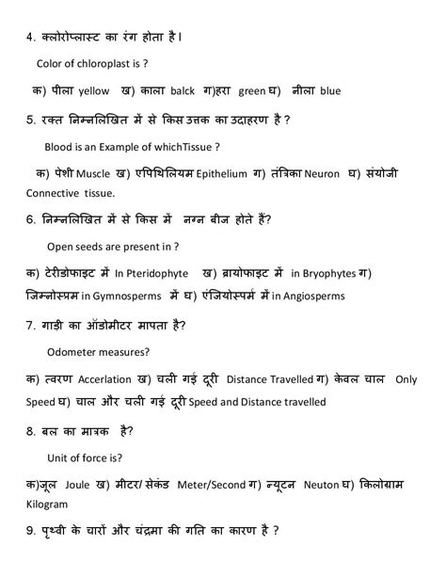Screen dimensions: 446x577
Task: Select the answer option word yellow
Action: (95, 91)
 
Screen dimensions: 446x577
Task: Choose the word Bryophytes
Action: (327, 274)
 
